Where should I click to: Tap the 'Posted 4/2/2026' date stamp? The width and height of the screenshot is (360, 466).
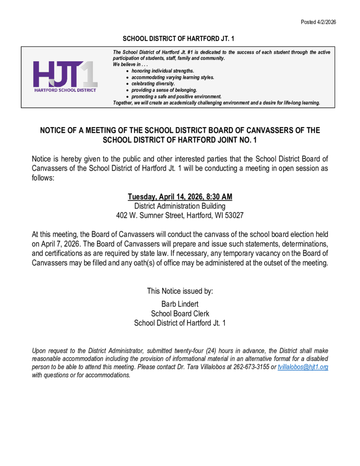click(318, 22)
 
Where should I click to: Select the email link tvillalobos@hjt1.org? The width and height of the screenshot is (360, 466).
click(303, 367)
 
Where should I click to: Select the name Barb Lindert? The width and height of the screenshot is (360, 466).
click(180, 304)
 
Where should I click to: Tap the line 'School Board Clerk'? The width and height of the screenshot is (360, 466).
click(180, 314)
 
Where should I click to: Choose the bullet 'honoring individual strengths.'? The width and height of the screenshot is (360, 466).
click(162, 71)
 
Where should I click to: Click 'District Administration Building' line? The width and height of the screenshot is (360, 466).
click(180, 206)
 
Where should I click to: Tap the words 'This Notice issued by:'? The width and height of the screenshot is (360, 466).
click(180, 291)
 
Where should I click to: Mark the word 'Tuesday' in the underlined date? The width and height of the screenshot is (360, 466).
click(142, 197)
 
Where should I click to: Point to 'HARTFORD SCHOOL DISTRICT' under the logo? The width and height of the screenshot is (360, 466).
click(65, 90)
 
